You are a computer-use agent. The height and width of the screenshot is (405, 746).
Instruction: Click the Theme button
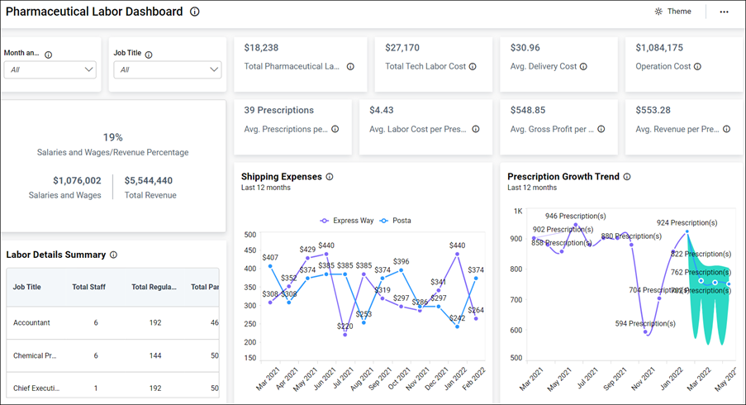coord(672,12)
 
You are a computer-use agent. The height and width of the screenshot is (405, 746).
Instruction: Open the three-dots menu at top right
coord(724,12)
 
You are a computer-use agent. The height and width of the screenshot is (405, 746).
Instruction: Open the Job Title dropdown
coord(168,69)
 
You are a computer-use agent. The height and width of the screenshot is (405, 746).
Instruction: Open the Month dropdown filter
coord(50,69)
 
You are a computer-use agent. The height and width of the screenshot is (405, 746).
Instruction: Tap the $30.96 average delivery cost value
coord(525,48)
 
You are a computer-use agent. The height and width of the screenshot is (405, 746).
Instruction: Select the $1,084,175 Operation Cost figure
coord(659,48)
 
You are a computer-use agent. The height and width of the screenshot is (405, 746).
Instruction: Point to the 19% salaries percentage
coord(112,137)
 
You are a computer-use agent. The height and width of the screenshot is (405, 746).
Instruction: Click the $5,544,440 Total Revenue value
coord(149,180)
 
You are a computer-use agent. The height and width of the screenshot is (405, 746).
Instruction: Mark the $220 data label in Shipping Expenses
coord(344,326)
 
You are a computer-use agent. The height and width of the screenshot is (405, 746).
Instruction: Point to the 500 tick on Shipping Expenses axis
coord(249,235)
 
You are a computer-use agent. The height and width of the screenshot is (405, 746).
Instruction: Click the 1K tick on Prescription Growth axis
coord(518,211)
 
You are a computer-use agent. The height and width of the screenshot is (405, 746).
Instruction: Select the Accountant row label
coord(31,322)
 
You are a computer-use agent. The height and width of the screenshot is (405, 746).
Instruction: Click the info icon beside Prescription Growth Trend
coord(627,177)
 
